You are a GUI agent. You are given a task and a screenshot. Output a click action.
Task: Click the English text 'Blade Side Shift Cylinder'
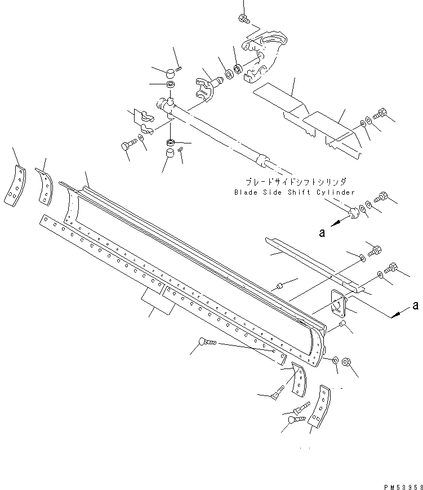point(295,192)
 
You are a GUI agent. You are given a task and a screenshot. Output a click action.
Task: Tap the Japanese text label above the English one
point(296,182)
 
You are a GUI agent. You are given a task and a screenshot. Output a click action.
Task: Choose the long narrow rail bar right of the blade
point(310,260)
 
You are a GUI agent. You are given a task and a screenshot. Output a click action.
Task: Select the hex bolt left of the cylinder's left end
point(125,147)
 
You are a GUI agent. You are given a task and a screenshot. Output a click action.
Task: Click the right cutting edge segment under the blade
point(225,323)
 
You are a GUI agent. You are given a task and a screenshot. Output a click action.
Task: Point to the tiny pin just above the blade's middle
point(280,288)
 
